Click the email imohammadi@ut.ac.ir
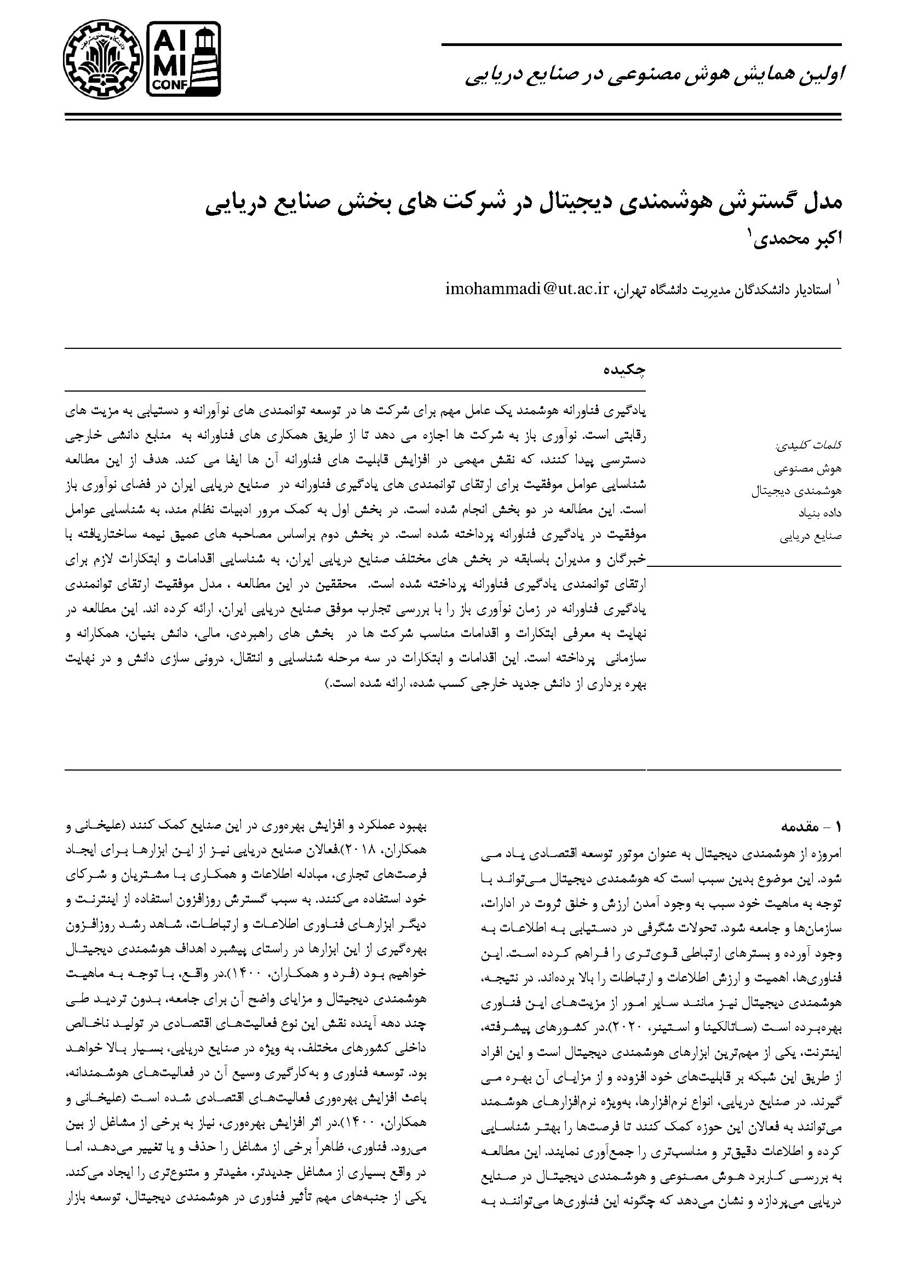pyautogui.click(x=527, y=289)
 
